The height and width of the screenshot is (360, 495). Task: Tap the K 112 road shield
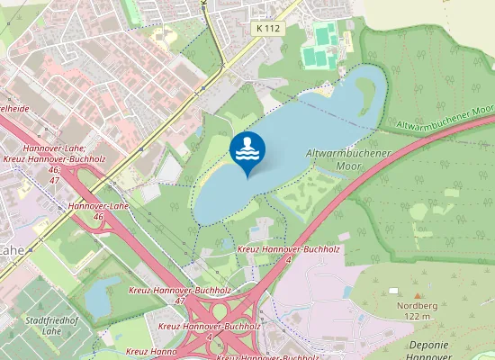click(266, 29)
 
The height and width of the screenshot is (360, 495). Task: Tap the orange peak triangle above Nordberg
click(418, 293)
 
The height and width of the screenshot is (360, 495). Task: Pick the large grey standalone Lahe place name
click(11, 249)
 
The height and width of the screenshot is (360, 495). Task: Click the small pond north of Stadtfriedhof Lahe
click(102, 290)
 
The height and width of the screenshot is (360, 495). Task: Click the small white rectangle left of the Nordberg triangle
click(393, 291)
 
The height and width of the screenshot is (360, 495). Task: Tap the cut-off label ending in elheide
click(11, 108)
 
